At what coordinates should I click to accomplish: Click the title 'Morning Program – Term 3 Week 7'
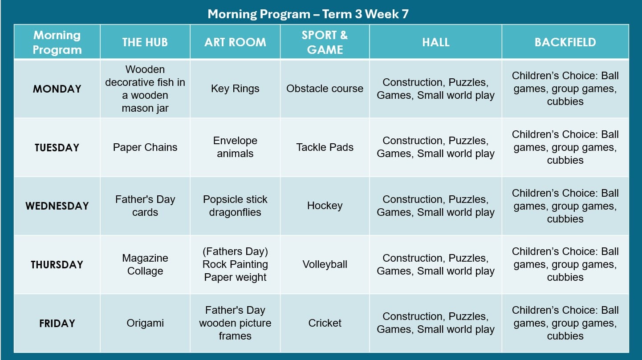308,14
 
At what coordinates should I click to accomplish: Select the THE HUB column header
145,42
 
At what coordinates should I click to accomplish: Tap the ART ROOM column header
235,42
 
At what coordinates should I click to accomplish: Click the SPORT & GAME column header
325,42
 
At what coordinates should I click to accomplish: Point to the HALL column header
435,42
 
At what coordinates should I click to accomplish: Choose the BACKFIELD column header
565,42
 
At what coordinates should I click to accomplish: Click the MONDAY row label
57,89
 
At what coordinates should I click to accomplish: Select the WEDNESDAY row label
57,206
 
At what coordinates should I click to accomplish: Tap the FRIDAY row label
57,324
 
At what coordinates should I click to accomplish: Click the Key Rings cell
235,89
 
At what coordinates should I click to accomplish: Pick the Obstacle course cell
325,89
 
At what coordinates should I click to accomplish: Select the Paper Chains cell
145,147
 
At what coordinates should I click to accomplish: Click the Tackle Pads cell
325,147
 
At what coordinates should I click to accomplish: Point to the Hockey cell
325,206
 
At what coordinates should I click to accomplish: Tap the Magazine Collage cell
145,264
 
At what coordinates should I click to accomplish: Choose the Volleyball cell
325,264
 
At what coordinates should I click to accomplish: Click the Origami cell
145,323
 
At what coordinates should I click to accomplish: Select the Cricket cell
325,323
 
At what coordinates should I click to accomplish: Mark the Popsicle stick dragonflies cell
235,206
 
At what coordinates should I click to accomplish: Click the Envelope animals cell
235,147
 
